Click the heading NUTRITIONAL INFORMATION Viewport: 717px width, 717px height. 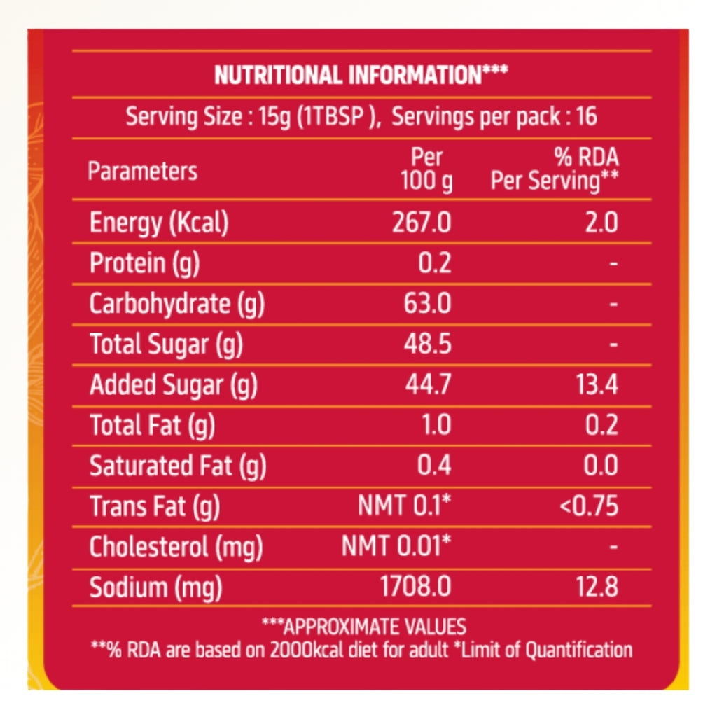(x=361, y=75)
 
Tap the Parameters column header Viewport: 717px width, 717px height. (x=142, y=171)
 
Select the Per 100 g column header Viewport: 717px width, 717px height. (x=426, y=169)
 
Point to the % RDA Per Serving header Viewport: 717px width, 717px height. (x=554, y=169)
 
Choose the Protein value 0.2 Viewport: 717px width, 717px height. (x=435, y=263)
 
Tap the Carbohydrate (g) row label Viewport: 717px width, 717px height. (x=177, y=304)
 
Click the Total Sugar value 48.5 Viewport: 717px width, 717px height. (x=427, y=344)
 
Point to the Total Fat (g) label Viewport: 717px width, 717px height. (x=152, y=425)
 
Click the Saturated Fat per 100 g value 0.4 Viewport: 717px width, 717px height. (x=435, y=465)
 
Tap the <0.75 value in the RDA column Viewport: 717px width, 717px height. (x=589, y=506)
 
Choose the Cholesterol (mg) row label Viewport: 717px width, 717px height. (x=176, y=547)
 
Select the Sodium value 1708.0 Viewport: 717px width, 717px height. (x=415, y=587)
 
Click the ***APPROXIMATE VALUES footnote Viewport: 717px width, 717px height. (x=363, y=626)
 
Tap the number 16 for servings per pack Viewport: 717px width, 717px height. (x=585, y=116)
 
